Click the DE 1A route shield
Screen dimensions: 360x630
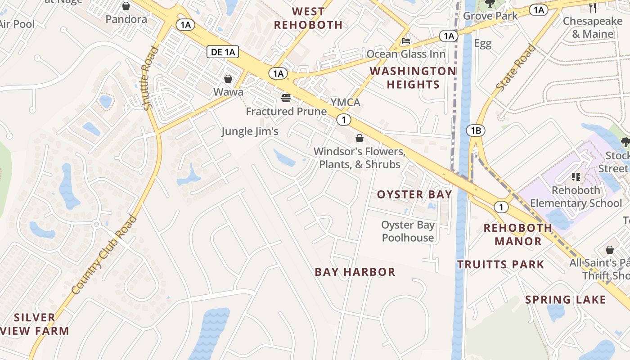[223, 52]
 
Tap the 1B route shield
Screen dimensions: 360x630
[476, 131]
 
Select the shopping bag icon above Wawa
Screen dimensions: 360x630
[228, 79]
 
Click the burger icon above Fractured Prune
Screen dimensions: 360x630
[286, 97]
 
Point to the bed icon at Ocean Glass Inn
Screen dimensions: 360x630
[406, 41]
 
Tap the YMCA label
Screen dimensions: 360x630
[346, 103]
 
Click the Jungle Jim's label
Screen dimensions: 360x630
[250, 131]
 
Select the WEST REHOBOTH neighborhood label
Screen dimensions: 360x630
[308, 18]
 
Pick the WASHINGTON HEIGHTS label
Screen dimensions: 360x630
[413, 77]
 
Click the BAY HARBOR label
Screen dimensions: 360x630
[355, 272]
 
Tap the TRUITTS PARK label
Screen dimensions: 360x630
[501, 264]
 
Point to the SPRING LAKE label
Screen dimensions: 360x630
[566, 299]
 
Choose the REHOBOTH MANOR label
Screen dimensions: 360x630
[518, 234]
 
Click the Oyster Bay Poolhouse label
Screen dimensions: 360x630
[408, 231]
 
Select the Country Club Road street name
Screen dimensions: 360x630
[104, 255]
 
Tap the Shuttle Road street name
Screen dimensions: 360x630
[150, 78]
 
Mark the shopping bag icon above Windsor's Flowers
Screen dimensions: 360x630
[359, 138]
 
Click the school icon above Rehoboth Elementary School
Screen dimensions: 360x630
[576, 176]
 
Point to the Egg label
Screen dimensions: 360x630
[482, 44]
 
